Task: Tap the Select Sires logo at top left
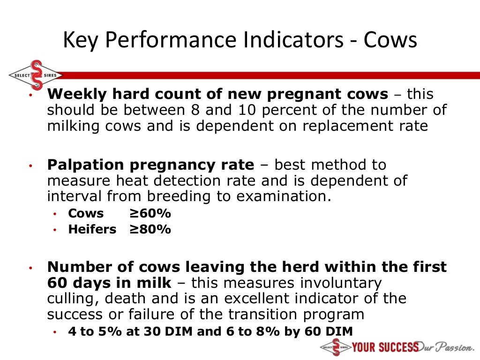coord(35,75)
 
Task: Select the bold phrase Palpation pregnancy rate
coord(150,165)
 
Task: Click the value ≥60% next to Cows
coord(150,214)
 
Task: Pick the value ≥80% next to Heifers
coord(150,230)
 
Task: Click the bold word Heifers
coord(92,230)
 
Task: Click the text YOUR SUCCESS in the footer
coord(385,347)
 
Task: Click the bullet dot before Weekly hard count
coord(29,95)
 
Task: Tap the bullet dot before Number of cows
coord(29,268)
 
